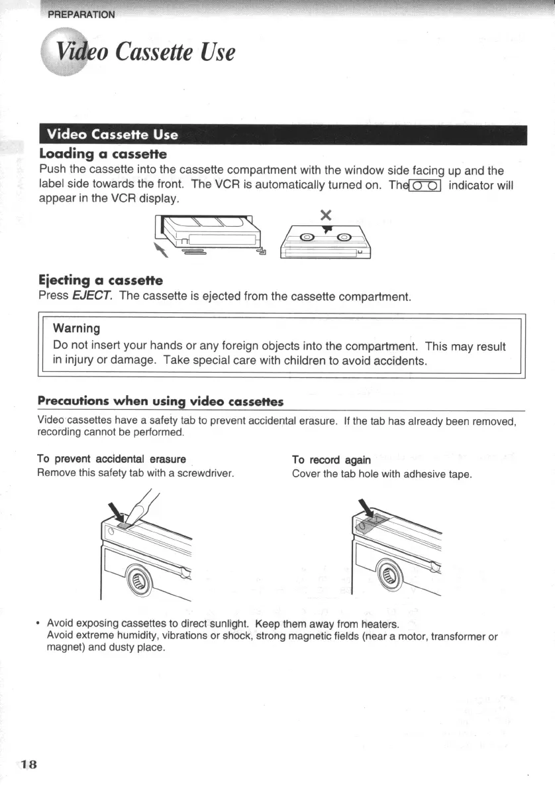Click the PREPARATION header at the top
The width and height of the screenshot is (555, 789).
(x=81, y=15)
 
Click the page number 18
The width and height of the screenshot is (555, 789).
(x=29, y=764)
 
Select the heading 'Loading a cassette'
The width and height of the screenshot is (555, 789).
(x=102, y=154)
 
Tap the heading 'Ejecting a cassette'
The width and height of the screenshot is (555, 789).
(x=100, y=280)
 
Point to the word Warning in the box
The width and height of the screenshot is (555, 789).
(x=76, y=328)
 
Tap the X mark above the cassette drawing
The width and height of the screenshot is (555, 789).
(x=325, y=215)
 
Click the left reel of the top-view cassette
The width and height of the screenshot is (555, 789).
(x=308, y=238)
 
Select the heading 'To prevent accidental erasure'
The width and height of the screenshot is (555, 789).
(x=111, y=459)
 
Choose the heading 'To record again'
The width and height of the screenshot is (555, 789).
(x=331, y=459)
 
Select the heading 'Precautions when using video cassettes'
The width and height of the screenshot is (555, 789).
(x=160, y=401)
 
